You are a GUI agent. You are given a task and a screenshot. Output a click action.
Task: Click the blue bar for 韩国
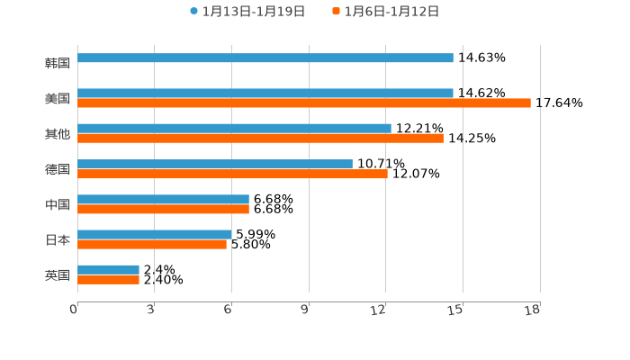tap(265, 58)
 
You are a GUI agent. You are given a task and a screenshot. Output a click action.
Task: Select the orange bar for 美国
tap(304, 103)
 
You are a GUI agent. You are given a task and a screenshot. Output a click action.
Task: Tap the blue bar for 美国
tap(265, 93)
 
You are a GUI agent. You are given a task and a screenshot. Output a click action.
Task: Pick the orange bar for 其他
tap(260, 139)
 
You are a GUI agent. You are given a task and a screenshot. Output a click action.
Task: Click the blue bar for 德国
tap(215, 164)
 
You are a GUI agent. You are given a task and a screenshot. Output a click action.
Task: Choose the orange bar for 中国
tap(163, 210)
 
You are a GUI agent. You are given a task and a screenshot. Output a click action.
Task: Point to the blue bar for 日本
tap(155, 234)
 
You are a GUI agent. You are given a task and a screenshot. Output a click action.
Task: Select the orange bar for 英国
tap(108, 280)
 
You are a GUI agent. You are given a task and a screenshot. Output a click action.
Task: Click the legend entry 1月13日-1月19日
tap(253, 12)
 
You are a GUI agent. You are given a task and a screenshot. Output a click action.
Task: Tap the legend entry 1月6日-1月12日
tap(391, 12)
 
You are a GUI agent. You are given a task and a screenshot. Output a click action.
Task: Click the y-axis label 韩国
tap(58, 63)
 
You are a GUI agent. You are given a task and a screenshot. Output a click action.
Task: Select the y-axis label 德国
tap(58, 169)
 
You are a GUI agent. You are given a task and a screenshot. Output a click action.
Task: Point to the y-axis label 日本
tap(58, 239)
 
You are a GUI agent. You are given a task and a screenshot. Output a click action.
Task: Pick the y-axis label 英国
tap(58, 274)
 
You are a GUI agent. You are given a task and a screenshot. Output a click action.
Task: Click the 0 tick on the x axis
tap(74, 310)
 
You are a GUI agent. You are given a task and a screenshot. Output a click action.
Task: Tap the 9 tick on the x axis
tap(305, 310)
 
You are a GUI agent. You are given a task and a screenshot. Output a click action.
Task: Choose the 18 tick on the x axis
tap(533, 310)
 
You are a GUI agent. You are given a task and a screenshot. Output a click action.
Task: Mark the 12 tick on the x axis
tap(379, 310)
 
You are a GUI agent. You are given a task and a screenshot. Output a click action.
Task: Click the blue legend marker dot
tap(193, 12)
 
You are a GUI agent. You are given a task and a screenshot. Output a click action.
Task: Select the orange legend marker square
tap(336, 12)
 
